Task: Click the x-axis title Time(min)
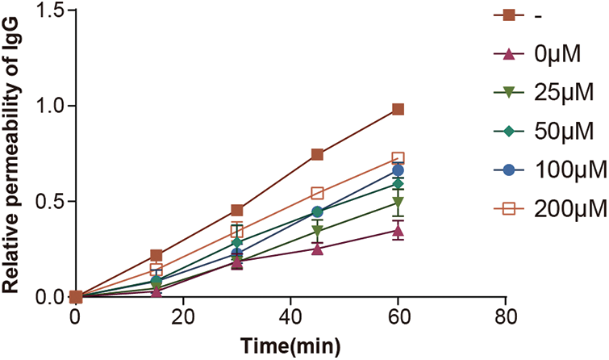pos(290,345)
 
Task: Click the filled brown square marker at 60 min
pos(398,109)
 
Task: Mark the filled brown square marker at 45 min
pos(317,154)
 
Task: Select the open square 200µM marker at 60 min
pos(398,158)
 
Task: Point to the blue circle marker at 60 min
pos(398,170)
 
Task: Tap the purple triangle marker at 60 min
pos(398,230)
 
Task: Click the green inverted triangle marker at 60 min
pos(398,203)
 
